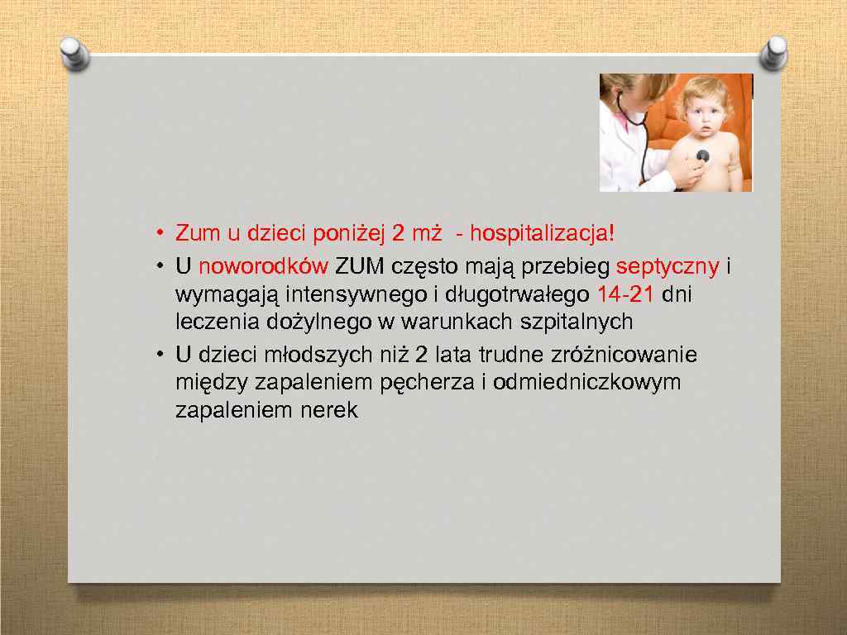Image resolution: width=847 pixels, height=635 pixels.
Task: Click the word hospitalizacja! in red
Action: coord(542,233)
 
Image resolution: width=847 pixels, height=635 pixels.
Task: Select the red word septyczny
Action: coord(668,268)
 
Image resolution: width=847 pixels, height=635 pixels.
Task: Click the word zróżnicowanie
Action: coord(623,356)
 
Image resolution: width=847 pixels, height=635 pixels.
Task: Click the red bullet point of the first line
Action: coord(157,234)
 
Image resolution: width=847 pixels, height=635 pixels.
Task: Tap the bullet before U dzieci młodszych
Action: coord(157,356)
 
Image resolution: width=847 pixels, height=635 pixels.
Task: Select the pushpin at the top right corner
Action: coord(774,53)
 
